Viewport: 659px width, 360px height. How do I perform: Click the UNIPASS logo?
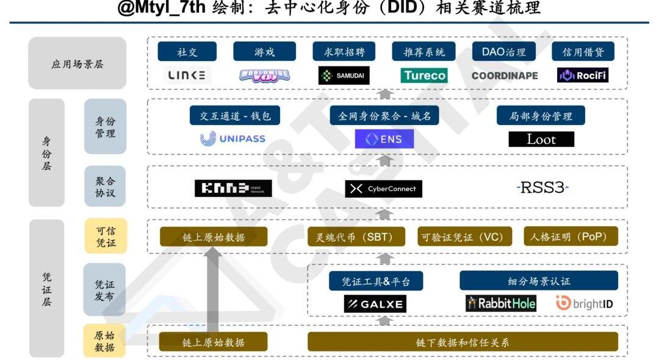click(x=233, y=139)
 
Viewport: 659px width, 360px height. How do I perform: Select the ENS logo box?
click(x=384, y=139)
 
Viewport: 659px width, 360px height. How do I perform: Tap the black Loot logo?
click(x=541, y=139)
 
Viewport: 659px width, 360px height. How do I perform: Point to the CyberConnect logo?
click(x=384, y=189)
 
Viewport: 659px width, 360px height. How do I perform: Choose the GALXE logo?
click(x=375, y=304)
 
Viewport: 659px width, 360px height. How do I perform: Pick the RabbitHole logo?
click(x=501, y=303)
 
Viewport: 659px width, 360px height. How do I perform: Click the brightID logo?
click(x=585, y=303)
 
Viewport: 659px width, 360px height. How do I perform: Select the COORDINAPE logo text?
click(x=505, y=76)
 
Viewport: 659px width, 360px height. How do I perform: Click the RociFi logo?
click(x=583, y=76)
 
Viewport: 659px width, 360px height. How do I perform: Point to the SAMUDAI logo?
click(x=344, y=76)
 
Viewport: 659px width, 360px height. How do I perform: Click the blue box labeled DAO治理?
click(x=504, y=52)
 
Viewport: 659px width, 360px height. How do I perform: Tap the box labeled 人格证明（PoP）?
click(x=571, y=237)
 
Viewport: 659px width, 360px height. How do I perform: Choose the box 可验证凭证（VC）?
click(x=462, y=237)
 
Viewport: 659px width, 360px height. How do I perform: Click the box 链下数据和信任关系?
click(x=463, y=342)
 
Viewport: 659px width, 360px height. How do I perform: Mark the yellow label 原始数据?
click(x=104, y=341)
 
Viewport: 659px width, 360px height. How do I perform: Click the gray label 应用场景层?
click(x=77, y=64)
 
